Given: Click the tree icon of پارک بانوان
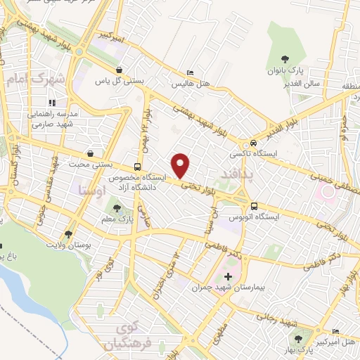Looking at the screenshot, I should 285,60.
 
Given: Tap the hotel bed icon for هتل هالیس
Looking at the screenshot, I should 191,73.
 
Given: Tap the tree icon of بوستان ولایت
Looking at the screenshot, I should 68,234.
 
